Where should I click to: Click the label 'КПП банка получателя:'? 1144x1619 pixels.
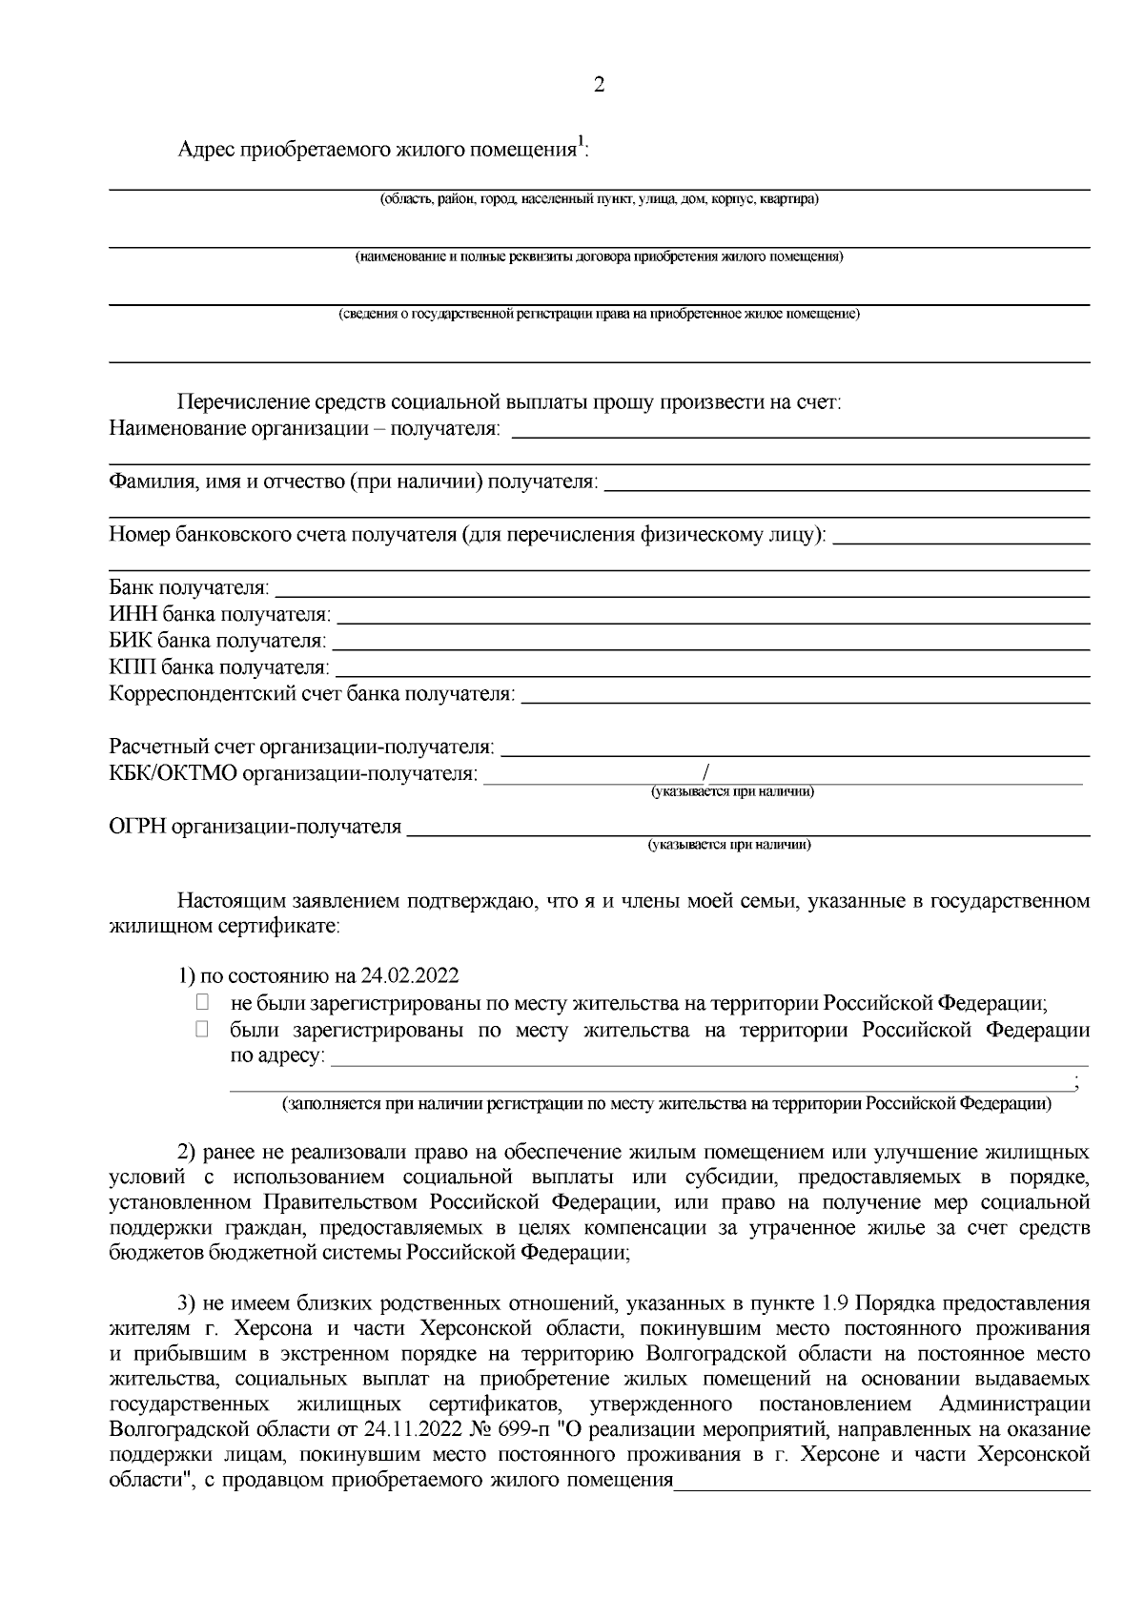tap(219, 667)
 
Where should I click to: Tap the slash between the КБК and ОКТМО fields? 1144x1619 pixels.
tap(705, 772)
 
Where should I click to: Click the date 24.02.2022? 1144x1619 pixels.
tap(410, 976)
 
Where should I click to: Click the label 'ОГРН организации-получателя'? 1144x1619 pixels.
tap(255, 827)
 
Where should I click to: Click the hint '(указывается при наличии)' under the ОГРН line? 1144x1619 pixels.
tap(729, 845)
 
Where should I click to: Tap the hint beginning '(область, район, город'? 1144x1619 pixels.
tap(599, 200)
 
